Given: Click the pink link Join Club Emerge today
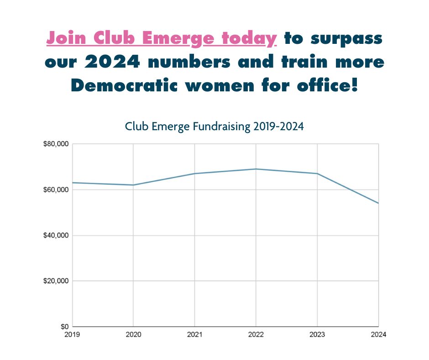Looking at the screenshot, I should (162, 38).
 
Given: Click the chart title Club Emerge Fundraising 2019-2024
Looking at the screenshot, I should (214, 126).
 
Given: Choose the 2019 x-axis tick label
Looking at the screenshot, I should (72, 335).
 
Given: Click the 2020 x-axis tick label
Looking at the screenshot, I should (133, 335).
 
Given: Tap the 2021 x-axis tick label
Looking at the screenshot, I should (195, 335).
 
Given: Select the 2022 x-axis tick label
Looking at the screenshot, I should (256, 335).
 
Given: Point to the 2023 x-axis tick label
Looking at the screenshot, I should (317, 335).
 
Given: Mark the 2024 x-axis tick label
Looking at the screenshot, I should (378, 335).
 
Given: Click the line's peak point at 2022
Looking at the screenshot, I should (256, 169).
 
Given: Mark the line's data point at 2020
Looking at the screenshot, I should (133, 185).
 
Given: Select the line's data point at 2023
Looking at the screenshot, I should (317, 174).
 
